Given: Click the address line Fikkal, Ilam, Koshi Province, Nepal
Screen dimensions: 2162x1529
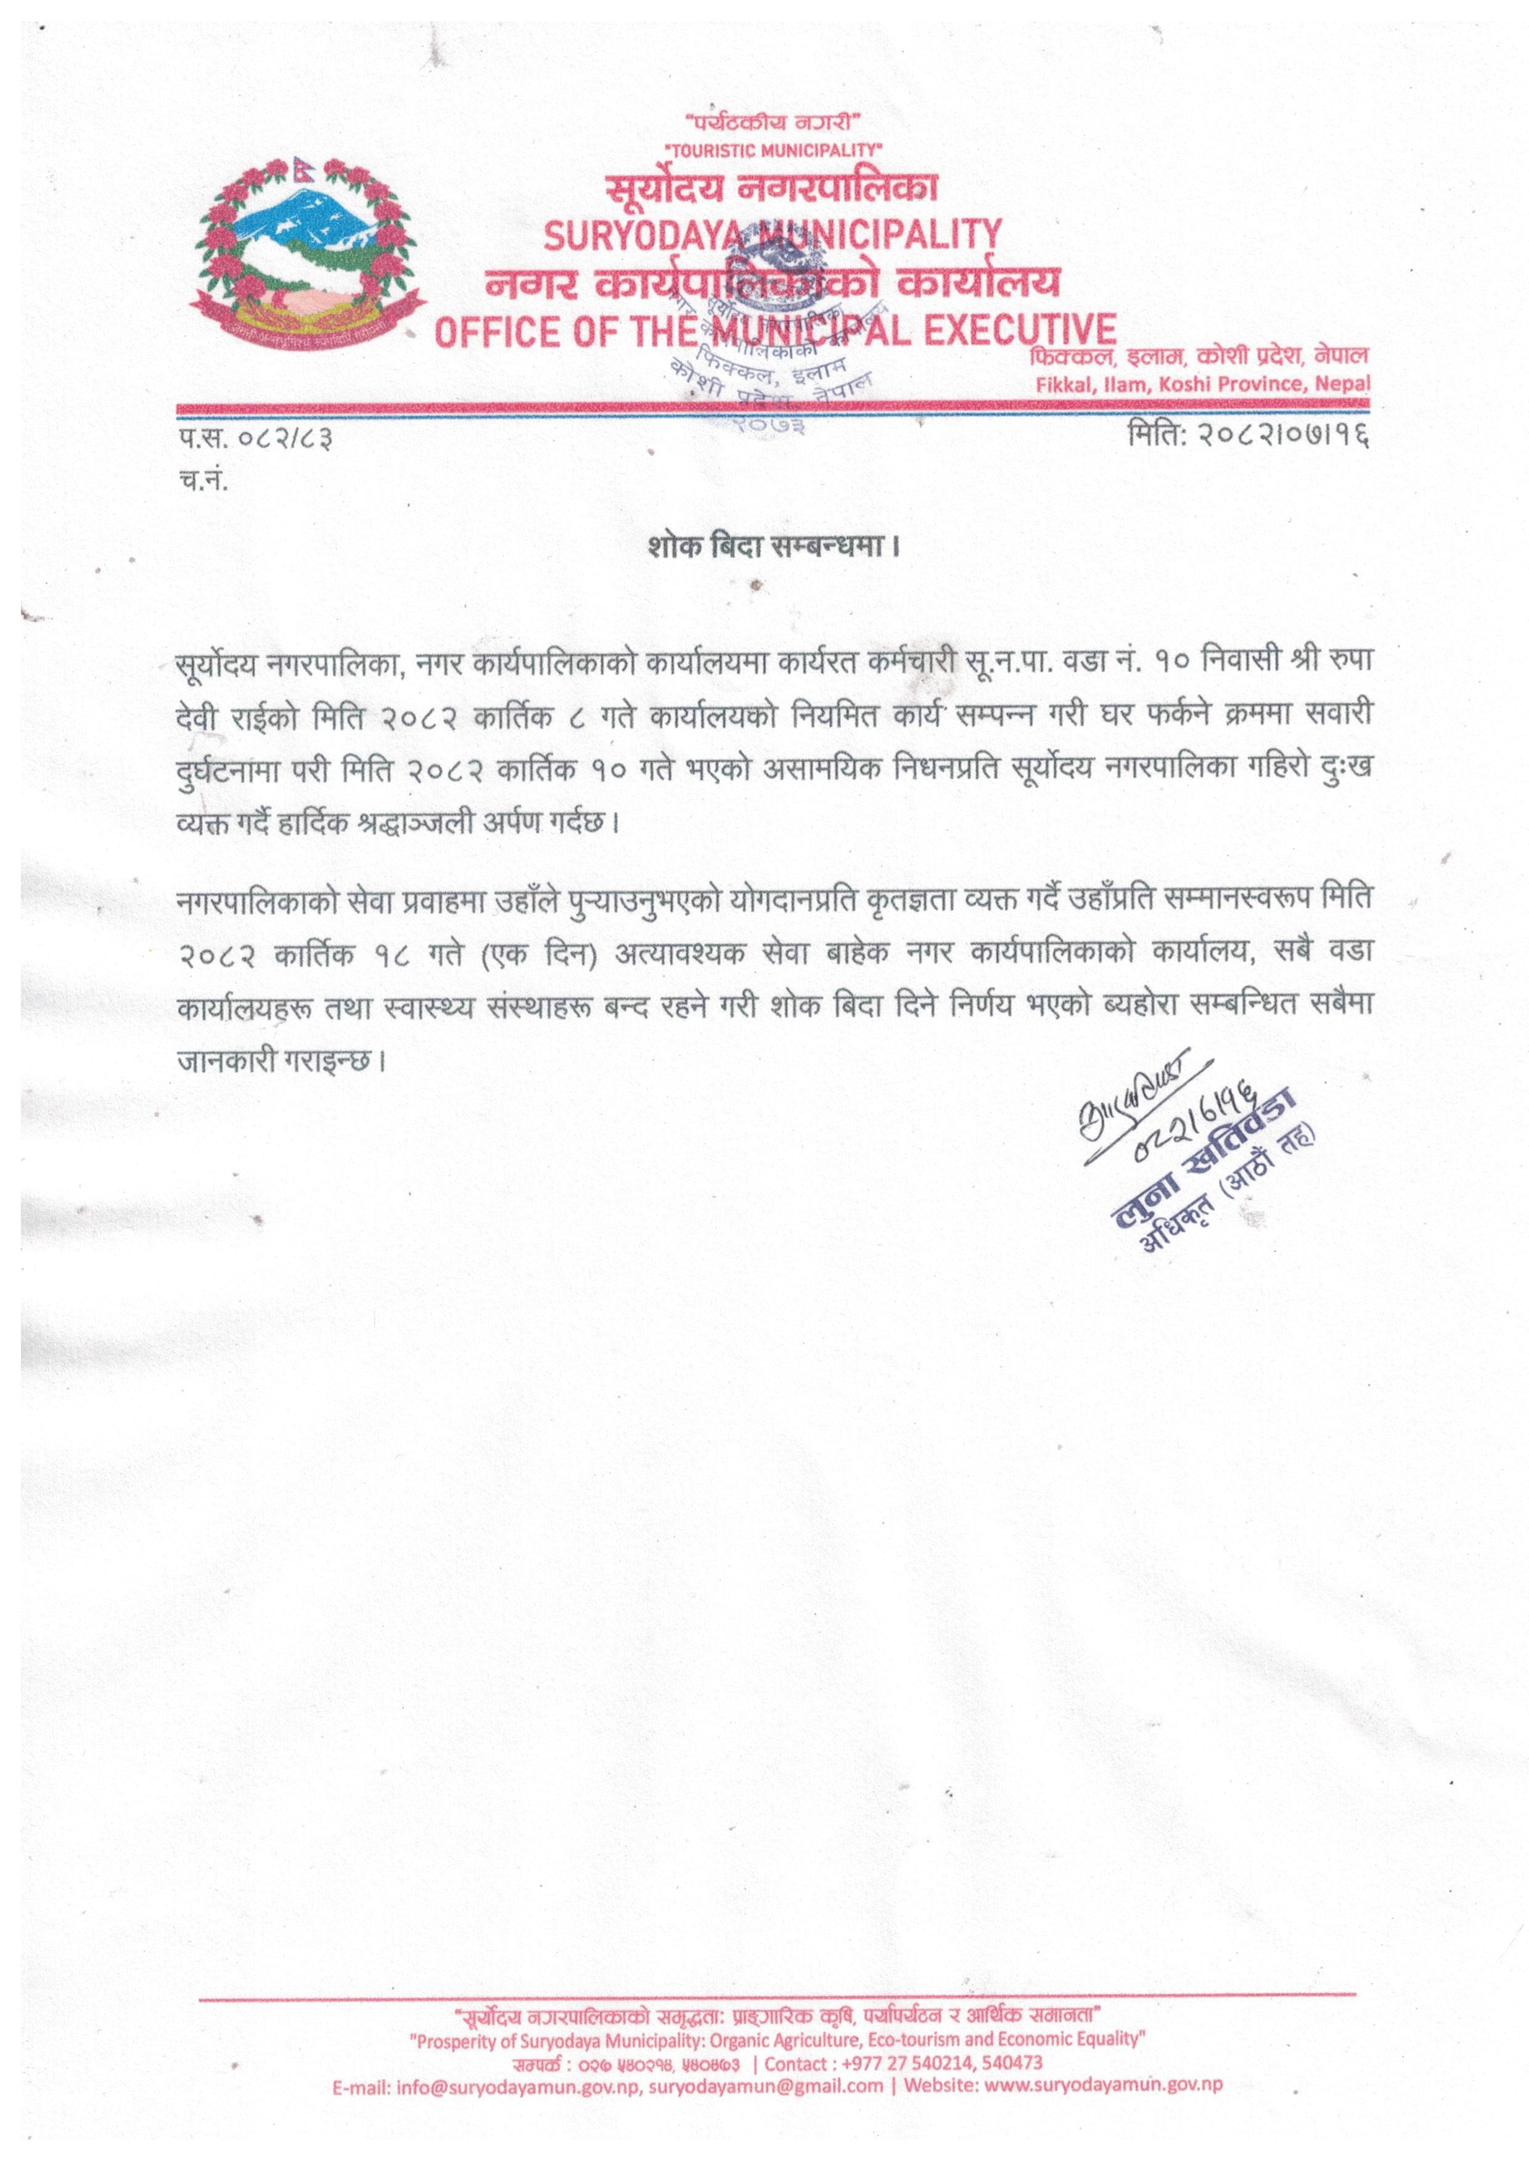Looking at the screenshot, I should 1202,384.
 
